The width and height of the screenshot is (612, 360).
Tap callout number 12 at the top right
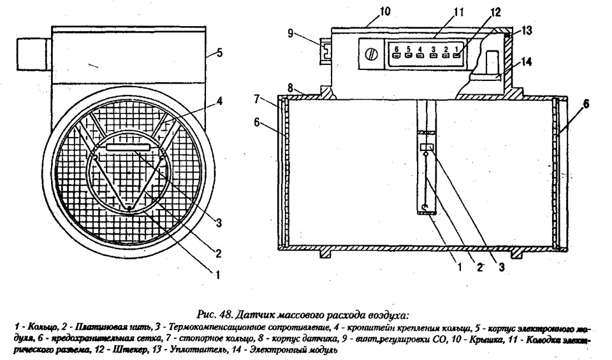click(477, 11)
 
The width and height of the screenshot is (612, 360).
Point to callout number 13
click(527, 30)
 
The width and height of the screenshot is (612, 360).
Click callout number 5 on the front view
click(219, 53)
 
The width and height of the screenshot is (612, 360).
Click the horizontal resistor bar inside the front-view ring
click(128, 147)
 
